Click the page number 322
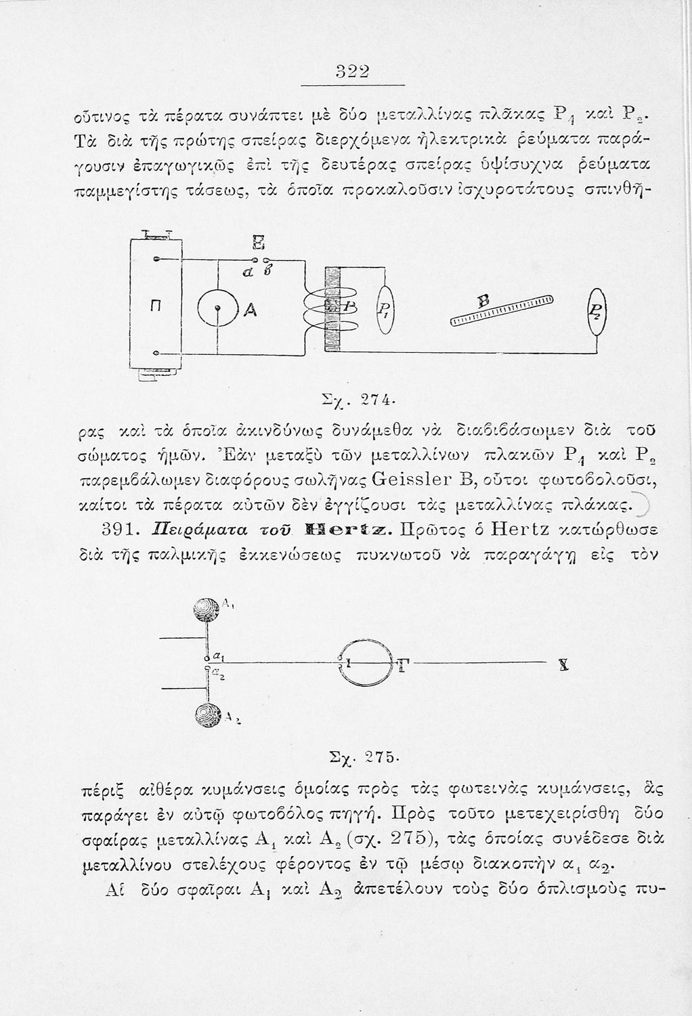(351, 72)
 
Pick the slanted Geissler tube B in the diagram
(502, 309)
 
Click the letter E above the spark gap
(257, 243)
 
